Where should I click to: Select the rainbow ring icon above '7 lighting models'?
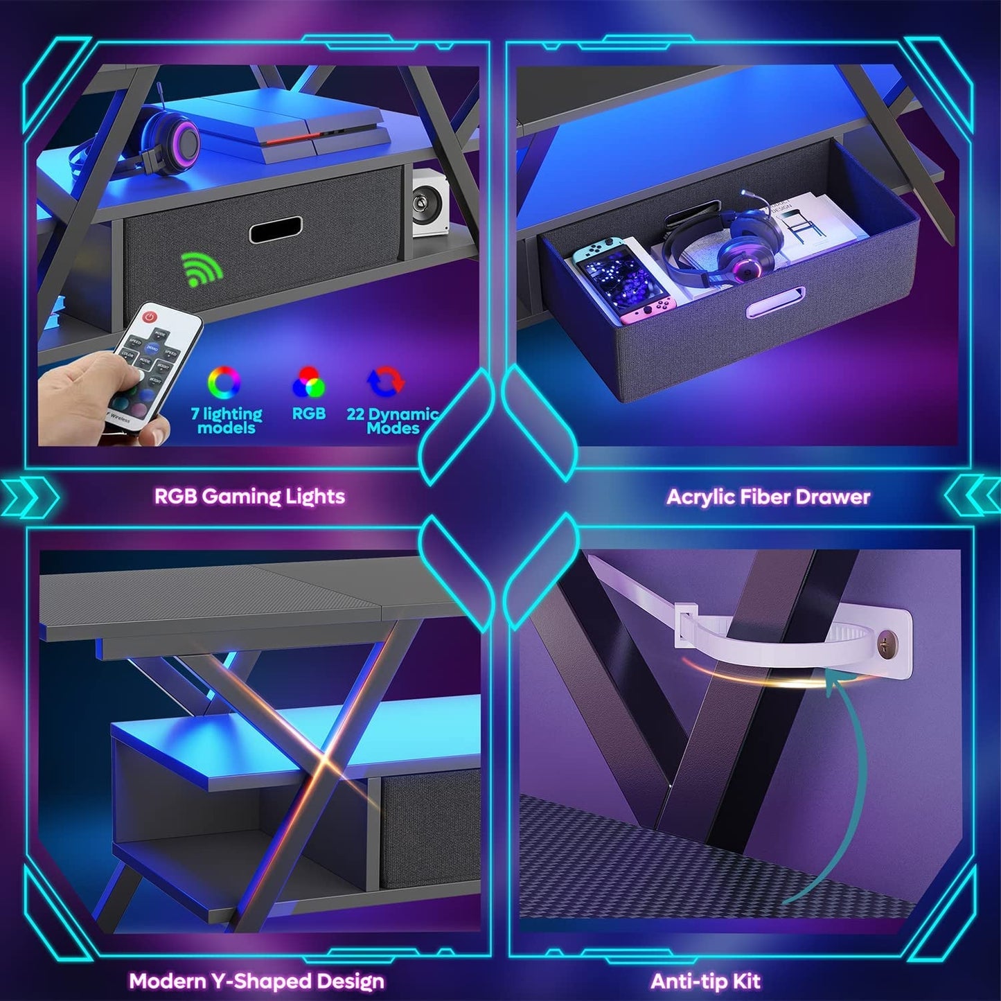tap(224, 382)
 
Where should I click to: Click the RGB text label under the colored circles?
tap(308, 414)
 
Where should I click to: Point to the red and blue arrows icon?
tap(385, 382)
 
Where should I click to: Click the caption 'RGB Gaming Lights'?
tap(249, 496)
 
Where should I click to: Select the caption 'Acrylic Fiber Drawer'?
tap(768, 497)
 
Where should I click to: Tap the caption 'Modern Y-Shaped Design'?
tap(256, 981)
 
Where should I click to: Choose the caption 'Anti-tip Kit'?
tap(705, 981)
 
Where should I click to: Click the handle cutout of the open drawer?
tap(775, 302)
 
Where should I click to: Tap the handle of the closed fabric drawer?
tap(276, 229)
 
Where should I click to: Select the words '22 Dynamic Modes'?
tap(392, 420)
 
